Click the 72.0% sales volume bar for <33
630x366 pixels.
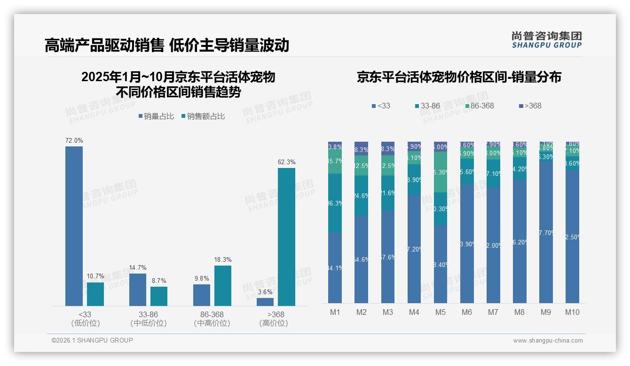[74, 226]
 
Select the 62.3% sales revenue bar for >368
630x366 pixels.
[286, 237]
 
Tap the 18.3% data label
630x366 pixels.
[223, 260]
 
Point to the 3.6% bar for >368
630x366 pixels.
[265, 302]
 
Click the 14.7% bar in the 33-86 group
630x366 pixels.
[138, 290]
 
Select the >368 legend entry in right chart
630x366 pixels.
[530, 106]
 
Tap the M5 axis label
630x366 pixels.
[441, 313]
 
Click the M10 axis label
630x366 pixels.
[572, 313]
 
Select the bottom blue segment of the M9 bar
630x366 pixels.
[546, 232]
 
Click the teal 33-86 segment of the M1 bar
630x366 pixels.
[335, 203]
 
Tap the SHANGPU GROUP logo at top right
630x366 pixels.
[546, 39]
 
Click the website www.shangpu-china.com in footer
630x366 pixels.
[548, 341]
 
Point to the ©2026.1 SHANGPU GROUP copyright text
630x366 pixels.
[92, 340]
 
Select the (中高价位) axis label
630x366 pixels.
[212, 323]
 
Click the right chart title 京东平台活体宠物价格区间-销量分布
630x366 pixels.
[459, 77]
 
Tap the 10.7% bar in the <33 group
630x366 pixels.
[95, 294]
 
